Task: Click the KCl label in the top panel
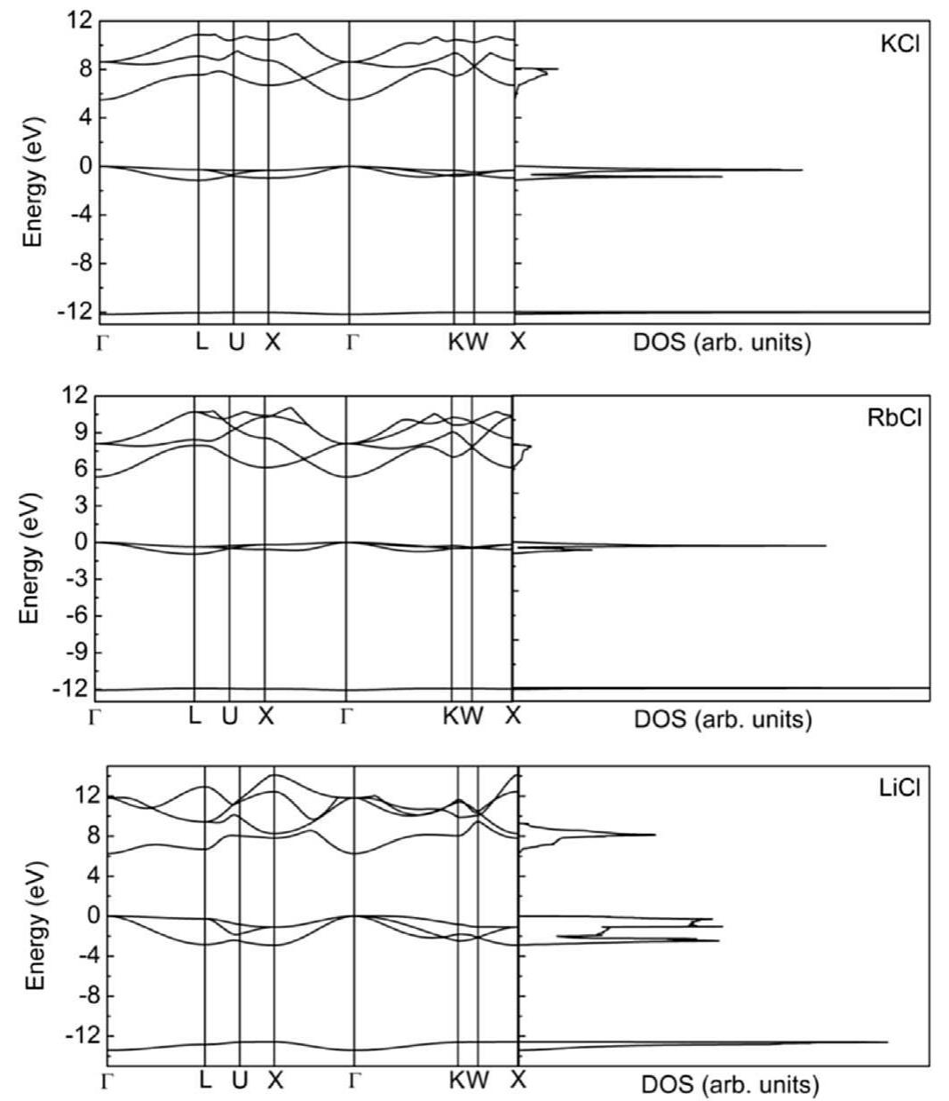point(899,45)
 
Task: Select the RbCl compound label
point(894,419)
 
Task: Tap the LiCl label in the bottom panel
point(898,789)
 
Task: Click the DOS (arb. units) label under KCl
point(722,343)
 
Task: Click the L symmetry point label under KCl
point(202,342)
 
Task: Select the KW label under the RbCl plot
point(463,716)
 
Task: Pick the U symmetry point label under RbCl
point(229,716)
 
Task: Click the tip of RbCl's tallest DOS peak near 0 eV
point(826,545)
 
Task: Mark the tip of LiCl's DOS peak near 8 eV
point(655,835)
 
